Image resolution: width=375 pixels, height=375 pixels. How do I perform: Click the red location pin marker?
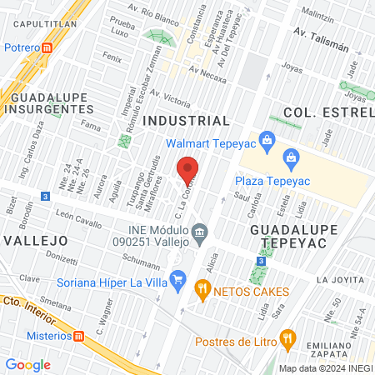point(188,171)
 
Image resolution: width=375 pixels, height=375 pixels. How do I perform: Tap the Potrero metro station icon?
point(47,47)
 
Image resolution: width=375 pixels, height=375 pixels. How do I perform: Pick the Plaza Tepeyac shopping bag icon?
point(291,156)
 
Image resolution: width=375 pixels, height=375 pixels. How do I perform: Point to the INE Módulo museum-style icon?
point(199,231)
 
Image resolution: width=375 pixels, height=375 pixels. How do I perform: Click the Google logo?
point(27,364)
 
